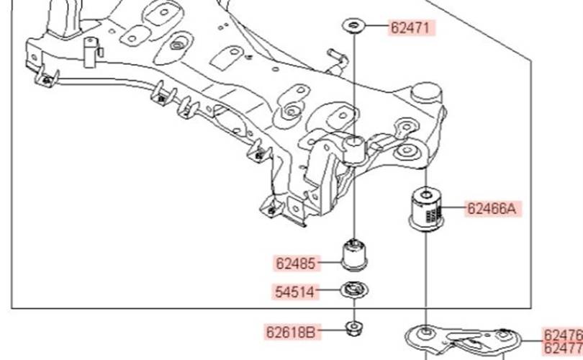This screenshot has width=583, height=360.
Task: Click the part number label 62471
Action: coord(413,28)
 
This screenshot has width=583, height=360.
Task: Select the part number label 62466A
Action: coord(492,209)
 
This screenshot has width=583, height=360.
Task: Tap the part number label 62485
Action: coord(296,264)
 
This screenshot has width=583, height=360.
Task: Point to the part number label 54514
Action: coord(296,292)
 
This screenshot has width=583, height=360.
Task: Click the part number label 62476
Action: coord(563,336)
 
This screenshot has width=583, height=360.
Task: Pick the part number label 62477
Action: coord(563,349)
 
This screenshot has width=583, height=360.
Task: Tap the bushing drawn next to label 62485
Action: coord(354,256)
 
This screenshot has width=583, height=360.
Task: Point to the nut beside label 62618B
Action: coord(353,331)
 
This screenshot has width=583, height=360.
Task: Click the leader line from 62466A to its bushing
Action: coord(455,209)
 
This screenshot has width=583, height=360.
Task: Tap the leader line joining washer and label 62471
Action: coord(376,27)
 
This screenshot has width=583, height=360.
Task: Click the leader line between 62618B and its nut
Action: coord(332,332)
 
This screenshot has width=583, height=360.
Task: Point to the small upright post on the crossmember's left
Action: coord(91,53)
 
